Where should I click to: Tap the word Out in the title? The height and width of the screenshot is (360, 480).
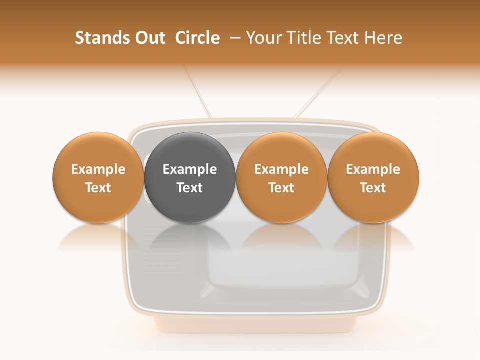point(149,38)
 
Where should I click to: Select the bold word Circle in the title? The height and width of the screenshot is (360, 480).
point(197,38)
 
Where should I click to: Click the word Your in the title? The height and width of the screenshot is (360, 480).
point(262,38)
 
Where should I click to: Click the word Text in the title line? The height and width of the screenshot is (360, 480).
point(341,38)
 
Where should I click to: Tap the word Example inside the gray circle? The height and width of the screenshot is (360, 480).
point(190,169)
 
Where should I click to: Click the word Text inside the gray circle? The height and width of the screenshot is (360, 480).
point(190,188)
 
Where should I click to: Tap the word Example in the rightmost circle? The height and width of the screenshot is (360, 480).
point(373,169)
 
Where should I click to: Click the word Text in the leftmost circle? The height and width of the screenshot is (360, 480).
point(98,188)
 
